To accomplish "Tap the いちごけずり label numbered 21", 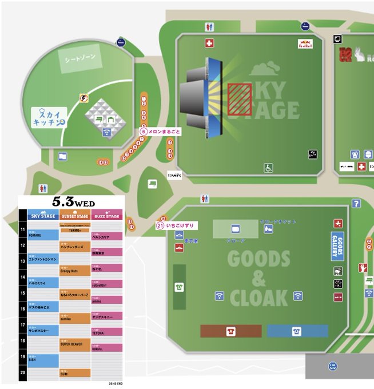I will click(x=176, y=225).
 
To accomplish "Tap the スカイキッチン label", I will click(x=49, y=117).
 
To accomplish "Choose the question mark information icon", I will click(x=356, y=203).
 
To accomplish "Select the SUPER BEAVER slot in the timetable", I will click(x=74, y=344).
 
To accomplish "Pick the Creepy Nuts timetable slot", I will click(x=74, y=271).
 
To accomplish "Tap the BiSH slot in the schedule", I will click(x=43, y=360).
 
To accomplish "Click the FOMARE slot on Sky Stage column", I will click(x=43, y=234).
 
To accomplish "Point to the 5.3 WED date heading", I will click(x=74, y=202).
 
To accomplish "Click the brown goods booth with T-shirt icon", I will click(x=230, y=331).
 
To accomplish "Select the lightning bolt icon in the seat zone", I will click(x=85, y=98).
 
